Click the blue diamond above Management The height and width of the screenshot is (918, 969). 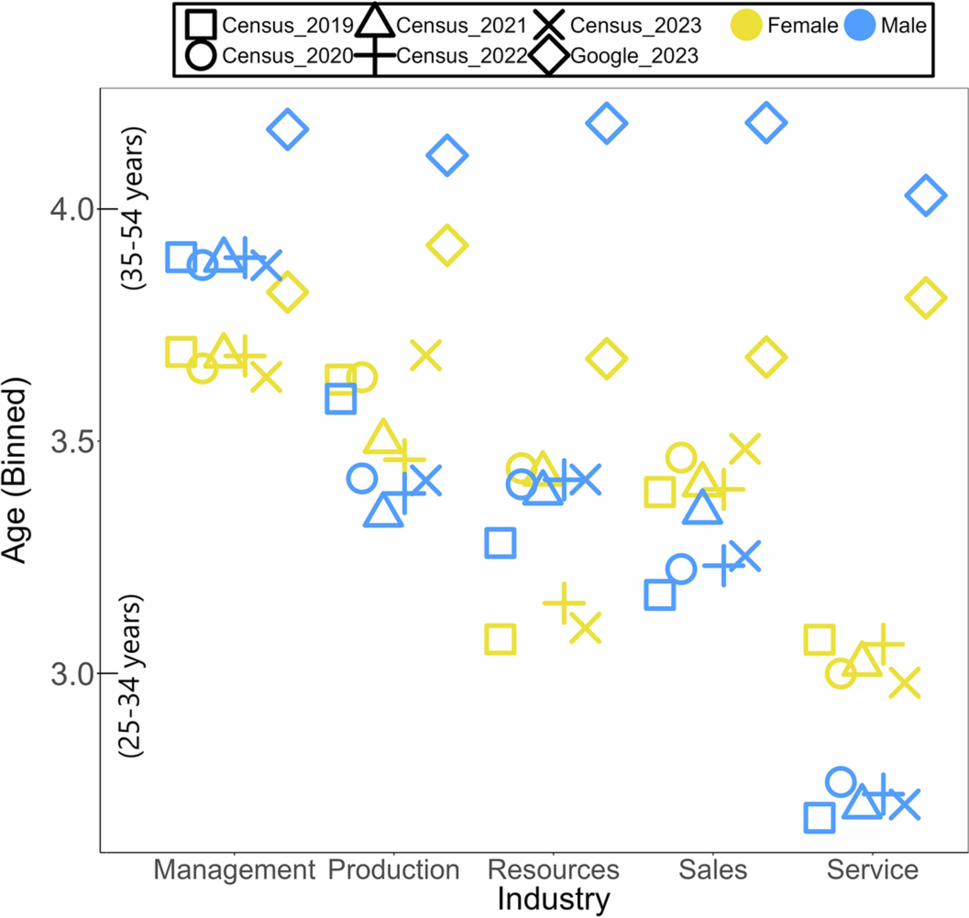[287, 129]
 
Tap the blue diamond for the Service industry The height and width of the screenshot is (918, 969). [925, 195]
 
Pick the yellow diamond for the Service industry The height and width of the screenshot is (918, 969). [925, 297]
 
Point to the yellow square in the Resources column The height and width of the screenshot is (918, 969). [500, 639]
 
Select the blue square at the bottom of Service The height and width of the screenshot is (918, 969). [819, 817]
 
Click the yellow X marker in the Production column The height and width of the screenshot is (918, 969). [425, 355]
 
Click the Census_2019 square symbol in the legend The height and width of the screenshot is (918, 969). [201, 25]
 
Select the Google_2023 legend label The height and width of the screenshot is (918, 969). [634, 56]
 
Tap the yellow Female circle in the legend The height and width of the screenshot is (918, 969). [746, 25]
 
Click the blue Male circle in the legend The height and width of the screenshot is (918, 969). [859, 25]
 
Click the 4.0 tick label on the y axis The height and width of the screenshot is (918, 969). [72, 210]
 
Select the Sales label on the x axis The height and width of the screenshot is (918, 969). [713, 870]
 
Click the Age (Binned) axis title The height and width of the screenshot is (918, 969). [14, 470]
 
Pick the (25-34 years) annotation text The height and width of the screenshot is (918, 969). [131, 676]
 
